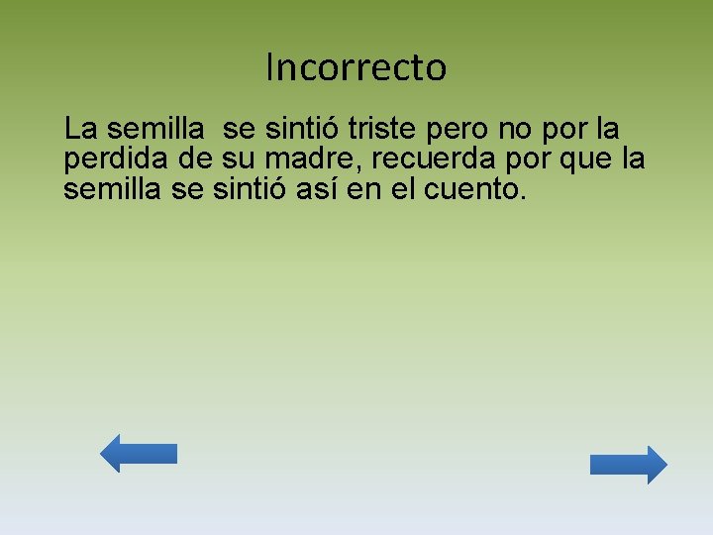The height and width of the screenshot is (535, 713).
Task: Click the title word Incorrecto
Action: click(x=356, y=67)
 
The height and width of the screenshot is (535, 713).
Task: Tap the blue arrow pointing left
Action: click(x=139, y=453)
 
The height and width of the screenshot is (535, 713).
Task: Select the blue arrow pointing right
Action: click(x=629, y=465)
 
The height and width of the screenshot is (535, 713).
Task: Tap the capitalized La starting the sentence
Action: click(x=80, y=129)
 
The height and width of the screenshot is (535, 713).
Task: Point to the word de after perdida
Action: click(x=204, y=160)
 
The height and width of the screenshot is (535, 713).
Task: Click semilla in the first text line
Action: click(x=155, y=129)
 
